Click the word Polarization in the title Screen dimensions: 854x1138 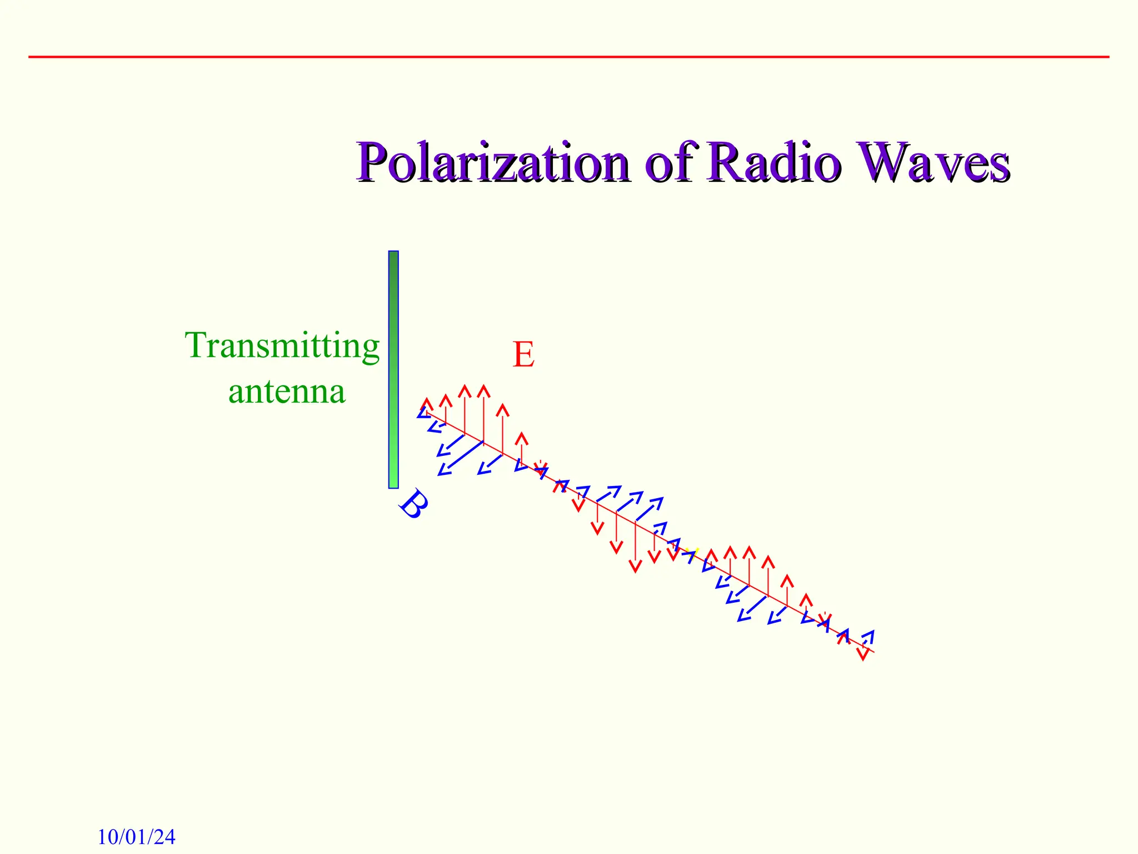(495, 162)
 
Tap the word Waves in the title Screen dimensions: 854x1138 (934, 162)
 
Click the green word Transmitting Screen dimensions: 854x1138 (282, 346)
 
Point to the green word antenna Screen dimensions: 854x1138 (287, 391)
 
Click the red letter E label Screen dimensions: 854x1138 (523, 355)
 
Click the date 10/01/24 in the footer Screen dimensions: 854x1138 (137, 837)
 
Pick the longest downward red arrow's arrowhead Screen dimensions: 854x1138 (635, 567)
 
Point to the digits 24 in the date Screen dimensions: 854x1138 (164, 837)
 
